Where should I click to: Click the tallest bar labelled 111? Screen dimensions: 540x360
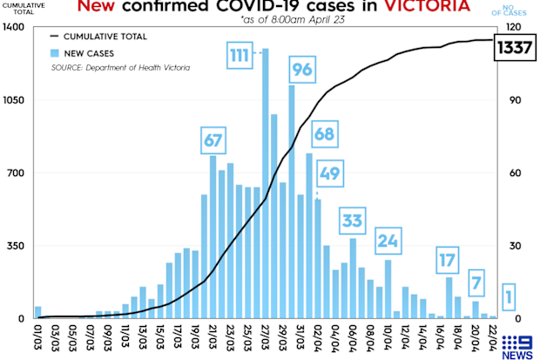coord(265,183)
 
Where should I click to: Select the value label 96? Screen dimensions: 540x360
coord(302,70)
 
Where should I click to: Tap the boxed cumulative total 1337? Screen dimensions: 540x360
coord(515,48)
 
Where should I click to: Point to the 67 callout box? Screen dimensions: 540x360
coord(213,140)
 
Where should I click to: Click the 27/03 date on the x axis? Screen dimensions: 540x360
coord(265,338)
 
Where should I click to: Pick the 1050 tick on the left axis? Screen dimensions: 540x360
coord(14,100)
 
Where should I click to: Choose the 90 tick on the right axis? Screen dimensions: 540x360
coord(516,100)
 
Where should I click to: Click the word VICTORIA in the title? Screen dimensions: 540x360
coord(427,6)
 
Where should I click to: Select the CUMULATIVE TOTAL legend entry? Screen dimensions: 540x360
coord(98,37)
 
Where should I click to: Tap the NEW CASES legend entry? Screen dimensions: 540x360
coord(82,53)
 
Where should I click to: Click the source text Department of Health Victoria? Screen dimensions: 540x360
coord(138,68)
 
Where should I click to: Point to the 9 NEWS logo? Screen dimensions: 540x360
coord(517,347)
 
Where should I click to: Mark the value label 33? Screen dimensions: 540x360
coord(353,221)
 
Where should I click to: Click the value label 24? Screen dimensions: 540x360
coord(388,241)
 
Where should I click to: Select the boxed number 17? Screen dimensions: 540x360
coord(448,261)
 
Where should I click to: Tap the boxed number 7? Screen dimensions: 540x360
coord(476,282)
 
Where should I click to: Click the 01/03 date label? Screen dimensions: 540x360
coord(37,338)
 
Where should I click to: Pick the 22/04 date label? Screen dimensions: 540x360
coord(493,338)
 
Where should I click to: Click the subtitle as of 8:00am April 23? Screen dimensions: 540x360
coord(293,20)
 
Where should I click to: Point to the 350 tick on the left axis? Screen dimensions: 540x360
coord(16,246)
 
